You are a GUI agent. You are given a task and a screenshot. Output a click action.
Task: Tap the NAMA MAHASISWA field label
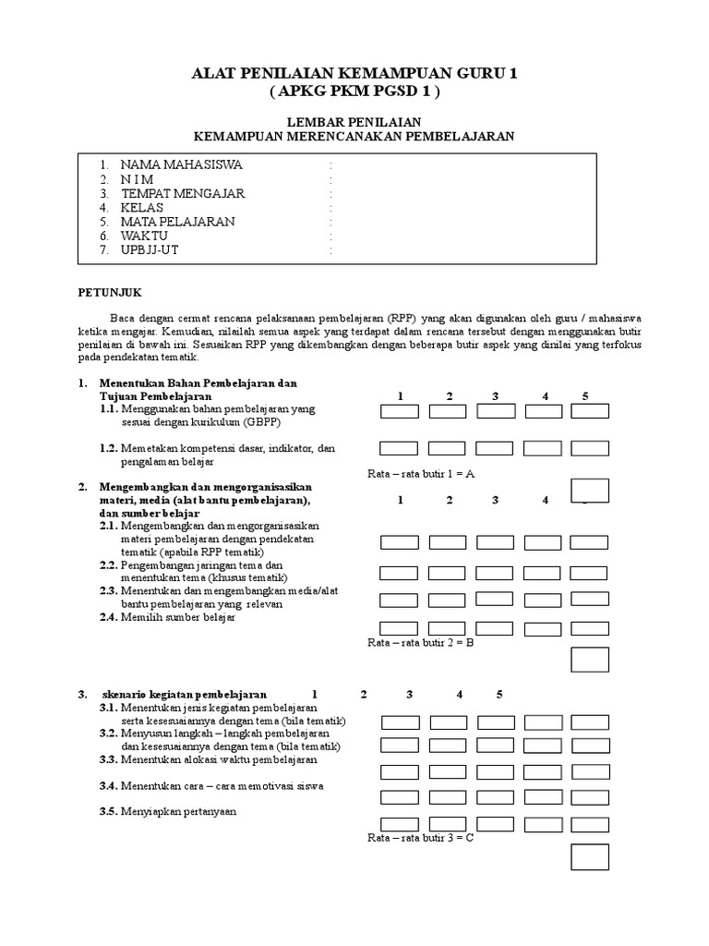181,164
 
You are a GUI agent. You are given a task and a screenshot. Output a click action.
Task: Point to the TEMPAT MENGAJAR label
182,193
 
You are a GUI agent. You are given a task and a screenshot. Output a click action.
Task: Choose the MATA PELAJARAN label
177,222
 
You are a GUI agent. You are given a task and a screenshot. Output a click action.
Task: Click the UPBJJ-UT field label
150,250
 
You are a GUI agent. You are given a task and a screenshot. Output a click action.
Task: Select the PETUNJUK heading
108,292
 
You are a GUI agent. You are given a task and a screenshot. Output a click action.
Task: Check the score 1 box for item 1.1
399,411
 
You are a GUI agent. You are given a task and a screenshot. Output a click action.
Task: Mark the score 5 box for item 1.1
589,411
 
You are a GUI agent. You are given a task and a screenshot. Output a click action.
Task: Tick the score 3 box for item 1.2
496,448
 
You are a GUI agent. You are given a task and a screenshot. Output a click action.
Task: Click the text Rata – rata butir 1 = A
421,474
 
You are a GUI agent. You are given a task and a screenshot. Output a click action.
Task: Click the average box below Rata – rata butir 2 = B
589,660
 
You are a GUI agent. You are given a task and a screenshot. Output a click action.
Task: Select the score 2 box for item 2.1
448,542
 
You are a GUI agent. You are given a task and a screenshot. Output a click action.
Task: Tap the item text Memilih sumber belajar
178,617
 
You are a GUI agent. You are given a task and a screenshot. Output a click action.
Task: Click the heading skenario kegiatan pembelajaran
184,694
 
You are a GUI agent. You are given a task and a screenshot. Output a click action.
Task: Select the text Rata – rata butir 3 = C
421,838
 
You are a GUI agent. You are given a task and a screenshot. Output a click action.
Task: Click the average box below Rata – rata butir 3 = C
589,857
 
